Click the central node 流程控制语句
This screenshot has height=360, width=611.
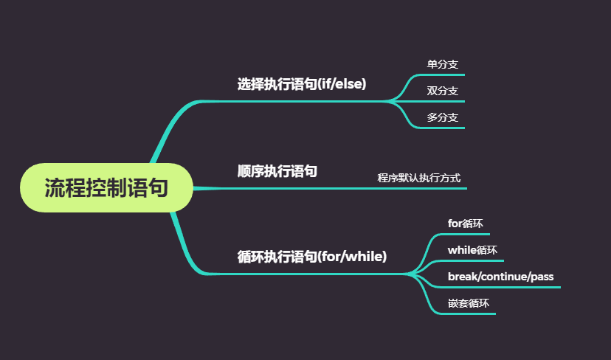tap(106, 188)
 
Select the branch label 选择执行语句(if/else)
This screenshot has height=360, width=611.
tap(302, 84)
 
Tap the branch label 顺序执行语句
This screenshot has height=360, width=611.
tap(277, 171)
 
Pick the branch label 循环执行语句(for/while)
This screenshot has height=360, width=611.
tap(312, 257)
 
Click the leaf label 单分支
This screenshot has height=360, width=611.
tap(443, 64)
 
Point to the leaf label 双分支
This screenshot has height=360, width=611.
tap(443, 91)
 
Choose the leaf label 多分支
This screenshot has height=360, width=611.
tap(443, 117)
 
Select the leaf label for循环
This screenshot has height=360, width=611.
tap(466, 223)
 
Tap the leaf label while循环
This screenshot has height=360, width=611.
tap(472, 249)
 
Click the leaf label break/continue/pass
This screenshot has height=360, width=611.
tap(500, 277)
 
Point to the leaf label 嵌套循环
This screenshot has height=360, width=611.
tap(469, 303)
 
